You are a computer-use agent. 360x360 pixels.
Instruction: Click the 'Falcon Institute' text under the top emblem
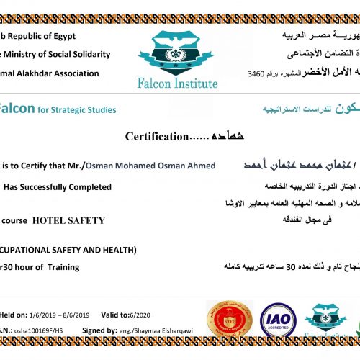tap(177, 84)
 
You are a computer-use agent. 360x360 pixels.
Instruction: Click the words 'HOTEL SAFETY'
tap(69, 220)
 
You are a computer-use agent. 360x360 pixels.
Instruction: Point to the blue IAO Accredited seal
tap(276, 317)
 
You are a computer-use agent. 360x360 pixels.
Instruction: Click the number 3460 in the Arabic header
tap(256, 73)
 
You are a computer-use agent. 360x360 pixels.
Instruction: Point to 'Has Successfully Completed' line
tap(58, 186)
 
